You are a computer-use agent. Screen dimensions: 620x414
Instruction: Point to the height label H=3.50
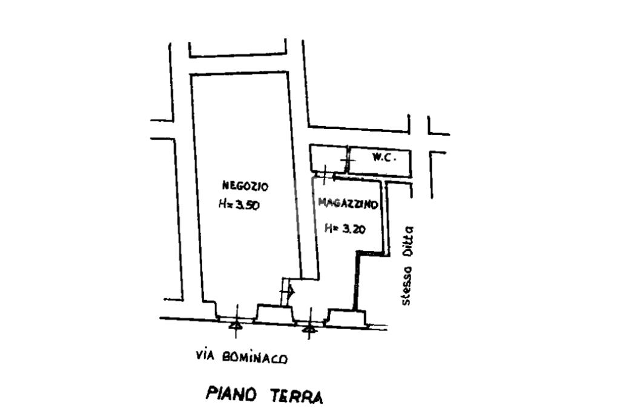(240, 205)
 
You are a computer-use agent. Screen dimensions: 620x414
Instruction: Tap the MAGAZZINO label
(348, 205)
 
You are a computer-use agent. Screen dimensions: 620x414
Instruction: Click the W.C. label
(384, 158)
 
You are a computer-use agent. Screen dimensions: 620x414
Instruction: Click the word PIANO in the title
(231, 394)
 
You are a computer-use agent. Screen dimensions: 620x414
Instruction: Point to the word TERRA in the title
(297, 396)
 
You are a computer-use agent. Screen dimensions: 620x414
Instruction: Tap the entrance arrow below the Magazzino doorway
(309, 329)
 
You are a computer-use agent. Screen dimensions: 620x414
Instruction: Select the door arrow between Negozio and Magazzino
(289, 292)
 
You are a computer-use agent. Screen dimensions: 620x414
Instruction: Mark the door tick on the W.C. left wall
(347, 160)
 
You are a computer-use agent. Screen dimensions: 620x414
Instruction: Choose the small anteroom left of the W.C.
(328, 158)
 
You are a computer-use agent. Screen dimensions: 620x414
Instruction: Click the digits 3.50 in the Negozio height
(248, 205)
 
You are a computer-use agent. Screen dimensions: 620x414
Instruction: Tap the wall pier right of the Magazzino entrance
(347, 316)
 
